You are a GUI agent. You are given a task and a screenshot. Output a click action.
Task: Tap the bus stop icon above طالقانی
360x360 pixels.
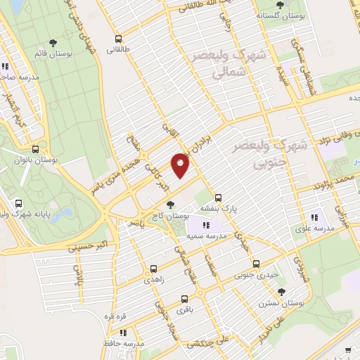[x=117, y=39]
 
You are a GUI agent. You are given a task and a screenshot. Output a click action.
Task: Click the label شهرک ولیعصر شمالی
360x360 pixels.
[x=222, y=62]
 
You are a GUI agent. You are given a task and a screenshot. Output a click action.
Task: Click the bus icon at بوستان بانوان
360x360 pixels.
[x=36, y=149]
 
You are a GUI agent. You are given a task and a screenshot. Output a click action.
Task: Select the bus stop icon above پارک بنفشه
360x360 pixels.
[x=218, y=198]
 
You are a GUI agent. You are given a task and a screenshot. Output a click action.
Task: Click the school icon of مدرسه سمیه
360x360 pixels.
[x=206, y=225]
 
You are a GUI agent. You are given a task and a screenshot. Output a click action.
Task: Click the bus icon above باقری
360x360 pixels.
[x=184, y=298]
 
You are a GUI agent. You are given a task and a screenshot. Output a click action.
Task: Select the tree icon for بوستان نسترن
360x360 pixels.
[x=281, y=292]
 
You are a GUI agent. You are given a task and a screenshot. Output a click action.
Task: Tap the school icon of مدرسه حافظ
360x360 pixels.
[x=123, y=333]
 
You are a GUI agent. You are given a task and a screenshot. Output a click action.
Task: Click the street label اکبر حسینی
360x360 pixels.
[x=85, y=247]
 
